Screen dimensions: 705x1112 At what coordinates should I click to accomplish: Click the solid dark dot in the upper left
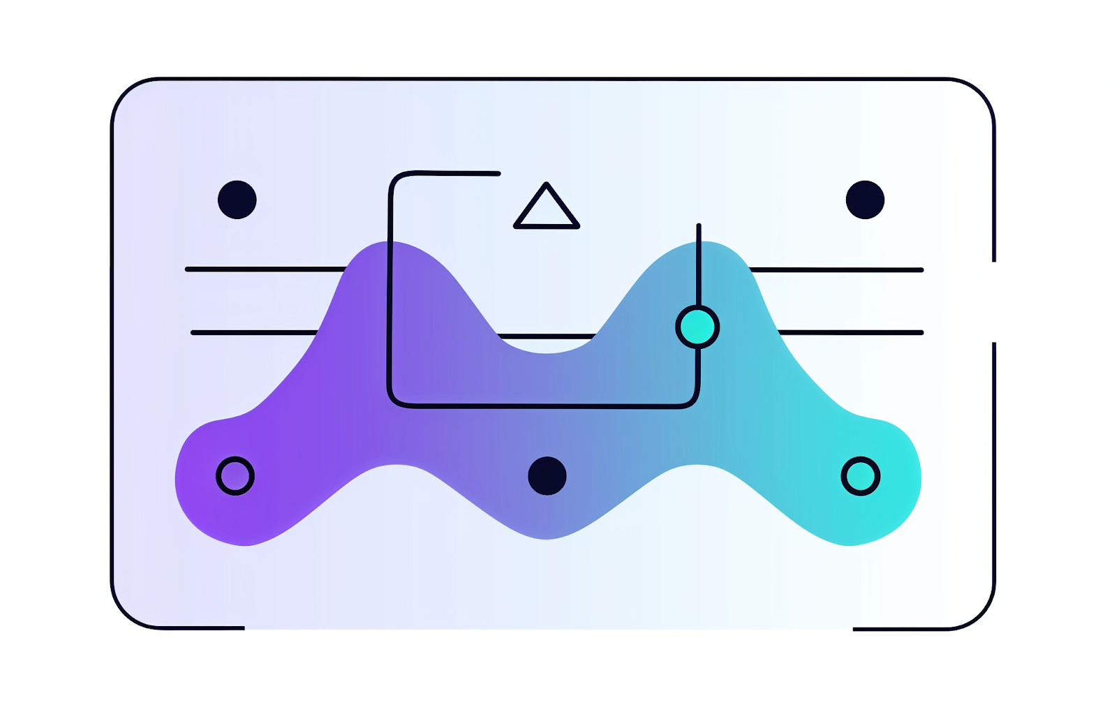pos(237,200)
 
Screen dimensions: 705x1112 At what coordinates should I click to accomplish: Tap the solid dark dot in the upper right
pos(865,200)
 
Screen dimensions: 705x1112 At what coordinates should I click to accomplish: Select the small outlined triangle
pos(547,210)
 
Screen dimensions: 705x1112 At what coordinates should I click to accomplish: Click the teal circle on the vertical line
pos(697,327)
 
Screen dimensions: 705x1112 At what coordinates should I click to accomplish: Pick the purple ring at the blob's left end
pos(235,476)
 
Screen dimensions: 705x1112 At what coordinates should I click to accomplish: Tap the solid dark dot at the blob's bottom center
pos(547,476)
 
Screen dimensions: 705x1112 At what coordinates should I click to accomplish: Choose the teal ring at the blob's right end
pos(860,476)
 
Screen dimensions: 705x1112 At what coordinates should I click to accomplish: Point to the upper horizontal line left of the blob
pos(265,269)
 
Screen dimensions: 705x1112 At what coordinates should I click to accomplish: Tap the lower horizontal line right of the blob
pos(852,333)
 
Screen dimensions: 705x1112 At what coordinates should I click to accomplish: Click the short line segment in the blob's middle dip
pos(547,336)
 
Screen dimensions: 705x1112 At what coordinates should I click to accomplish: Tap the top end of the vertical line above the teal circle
pos(699,226)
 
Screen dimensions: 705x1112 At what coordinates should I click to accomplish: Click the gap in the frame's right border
pos(994,302)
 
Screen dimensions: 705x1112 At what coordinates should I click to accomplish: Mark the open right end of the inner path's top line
pos(498,174)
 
